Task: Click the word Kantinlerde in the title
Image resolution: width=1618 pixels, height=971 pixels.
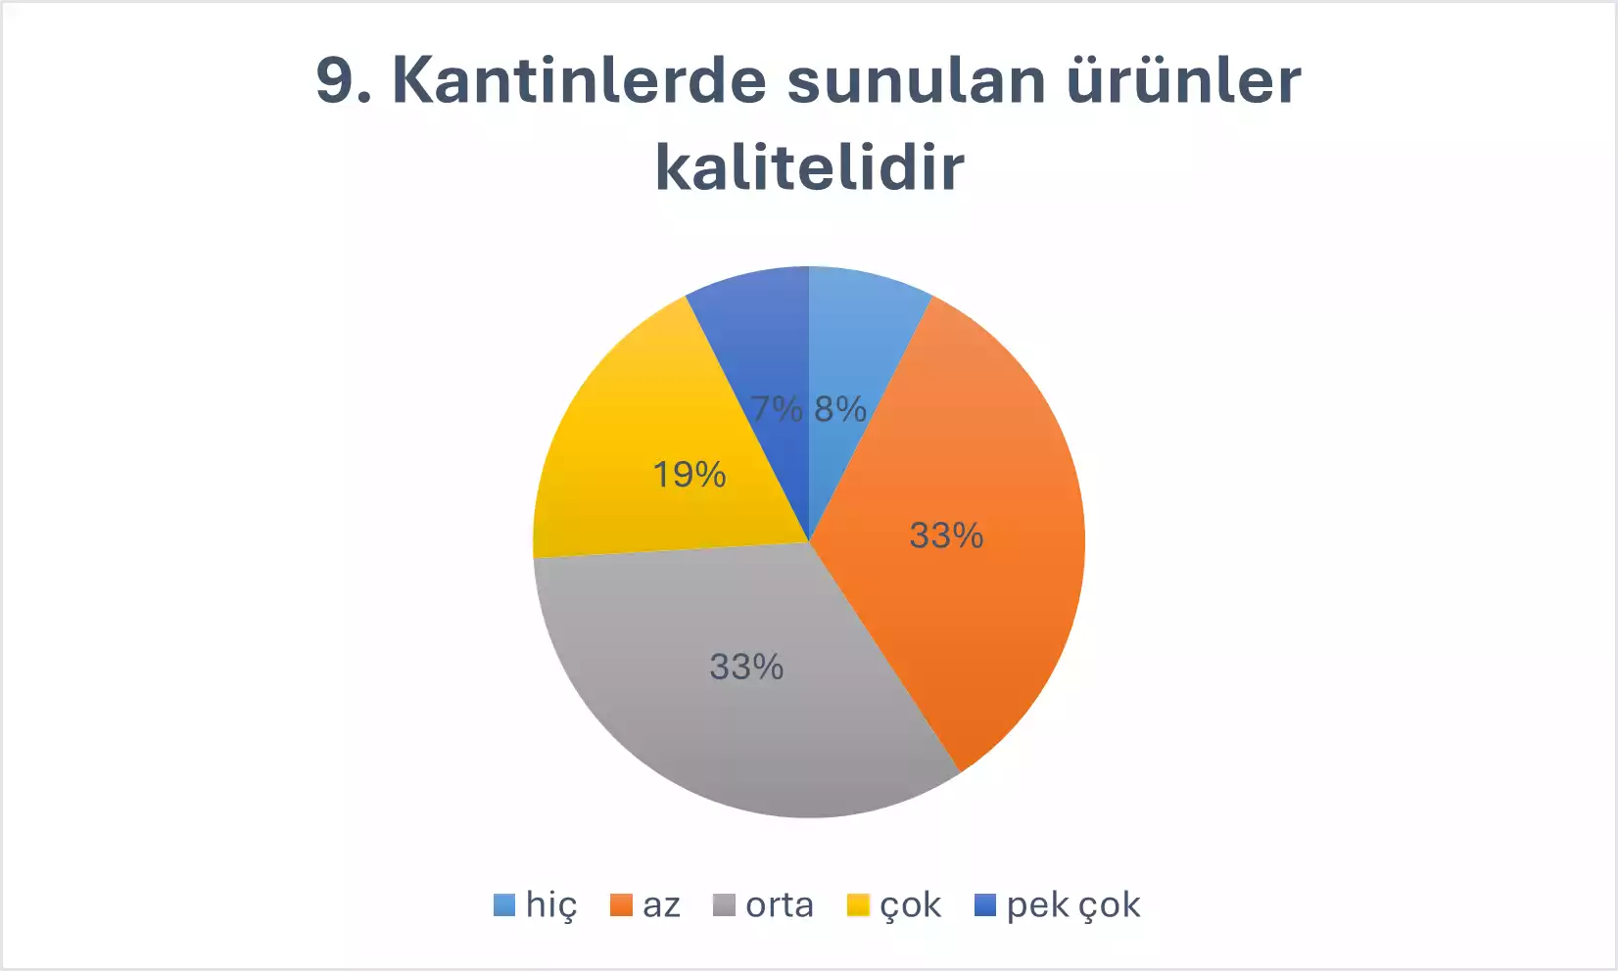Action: tap(579, 80)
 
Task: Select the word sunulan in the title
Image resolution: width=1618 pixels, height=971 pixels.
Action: tap(917, 81)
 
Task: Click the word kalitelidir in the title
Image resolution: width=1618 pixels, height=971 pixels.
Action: tap(810, 166)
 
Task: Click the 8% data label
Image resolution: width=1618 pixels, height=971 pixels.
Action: tap(840, 409)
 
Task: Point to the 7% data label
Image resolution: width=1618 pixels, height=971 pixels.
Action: tap(777, 409)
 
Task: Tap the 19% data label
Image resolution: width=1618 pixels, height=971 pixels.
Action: tap(690, 475)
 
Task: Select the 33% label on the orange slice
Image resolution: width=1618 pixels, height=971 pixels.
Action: tap(946, 535)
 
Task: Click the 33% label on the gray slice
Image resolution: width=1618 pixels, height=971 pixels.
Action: tap(746, 667)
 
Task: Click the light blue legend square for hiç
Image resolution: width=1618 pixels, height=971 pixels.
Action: tap(504, 905)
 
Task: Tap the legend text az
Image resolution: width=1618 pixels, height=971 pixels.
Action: tap(662, 905)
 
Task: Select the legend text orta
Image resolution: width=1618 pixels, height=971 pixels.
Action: tap(780, 905)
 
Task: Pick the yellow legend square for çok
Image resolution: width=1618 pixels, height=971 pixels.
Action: tap(858, 905)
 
